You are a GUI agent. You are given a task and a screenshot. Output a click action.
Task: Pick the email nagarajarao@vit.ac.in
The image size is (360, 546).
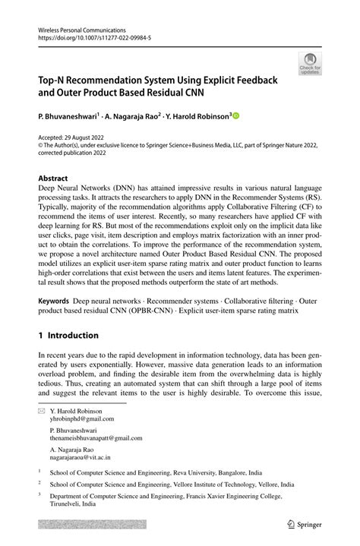pos(81,458)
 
